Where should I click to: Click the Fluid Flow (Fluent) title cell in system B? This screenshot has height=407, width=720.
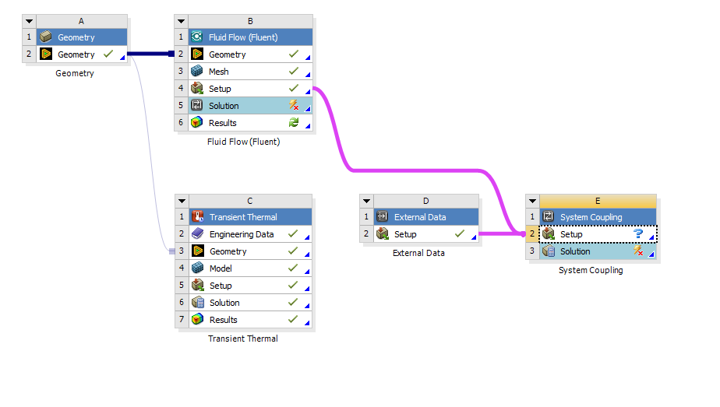pos(243,37)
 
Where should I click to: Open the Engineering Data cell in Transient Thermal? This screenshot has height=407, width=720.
pos(242,234)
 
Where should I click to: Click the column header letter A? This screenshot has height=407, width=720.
pos(82,21)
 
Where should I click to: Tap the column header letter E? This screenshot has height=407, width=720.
pos(598,201)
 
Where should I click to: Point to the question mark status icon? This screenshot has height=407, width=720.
pos(638,233)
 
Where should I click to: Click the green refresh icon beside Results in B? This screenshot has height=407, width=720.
pos(294,123)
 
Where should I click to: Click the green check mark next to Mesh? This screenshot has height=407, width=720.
pos(294,72)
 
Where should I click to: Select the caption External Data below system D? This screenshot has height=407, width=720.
pos(419,253)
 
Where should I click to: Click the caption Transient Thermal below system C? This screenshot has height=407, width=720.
pos(243,339)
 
